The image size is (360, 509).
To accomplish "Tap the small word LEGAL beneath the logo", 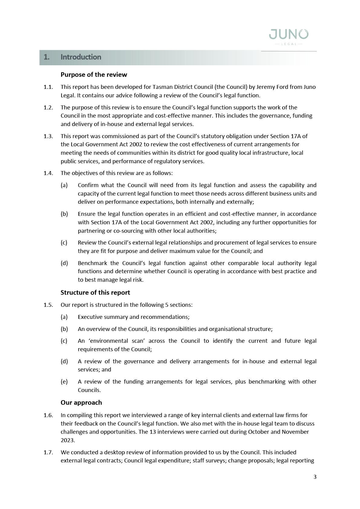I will pos(289,44).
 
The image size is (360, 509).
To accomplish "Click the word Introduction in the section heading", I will pos(81,57).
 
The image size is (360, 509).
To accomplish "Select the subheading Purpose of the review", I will pos(94,75).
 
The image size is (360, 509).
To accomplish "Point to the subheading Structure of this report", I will pos(95,293).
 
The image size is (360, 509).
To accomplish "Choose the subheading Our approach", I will pos(81,403).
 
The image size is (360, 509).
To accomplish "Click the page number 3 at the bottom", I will pos(315,477).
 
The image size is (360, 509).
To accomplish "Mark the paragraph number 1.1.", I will pos(48,87).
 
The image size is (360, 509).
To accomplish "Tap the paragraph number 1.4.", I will pos(48,173).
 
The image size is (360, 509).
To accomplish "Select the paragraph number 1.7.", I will pos(48,452).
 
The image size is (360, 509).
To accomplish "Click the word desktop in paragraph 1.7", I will pos(114,452).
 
